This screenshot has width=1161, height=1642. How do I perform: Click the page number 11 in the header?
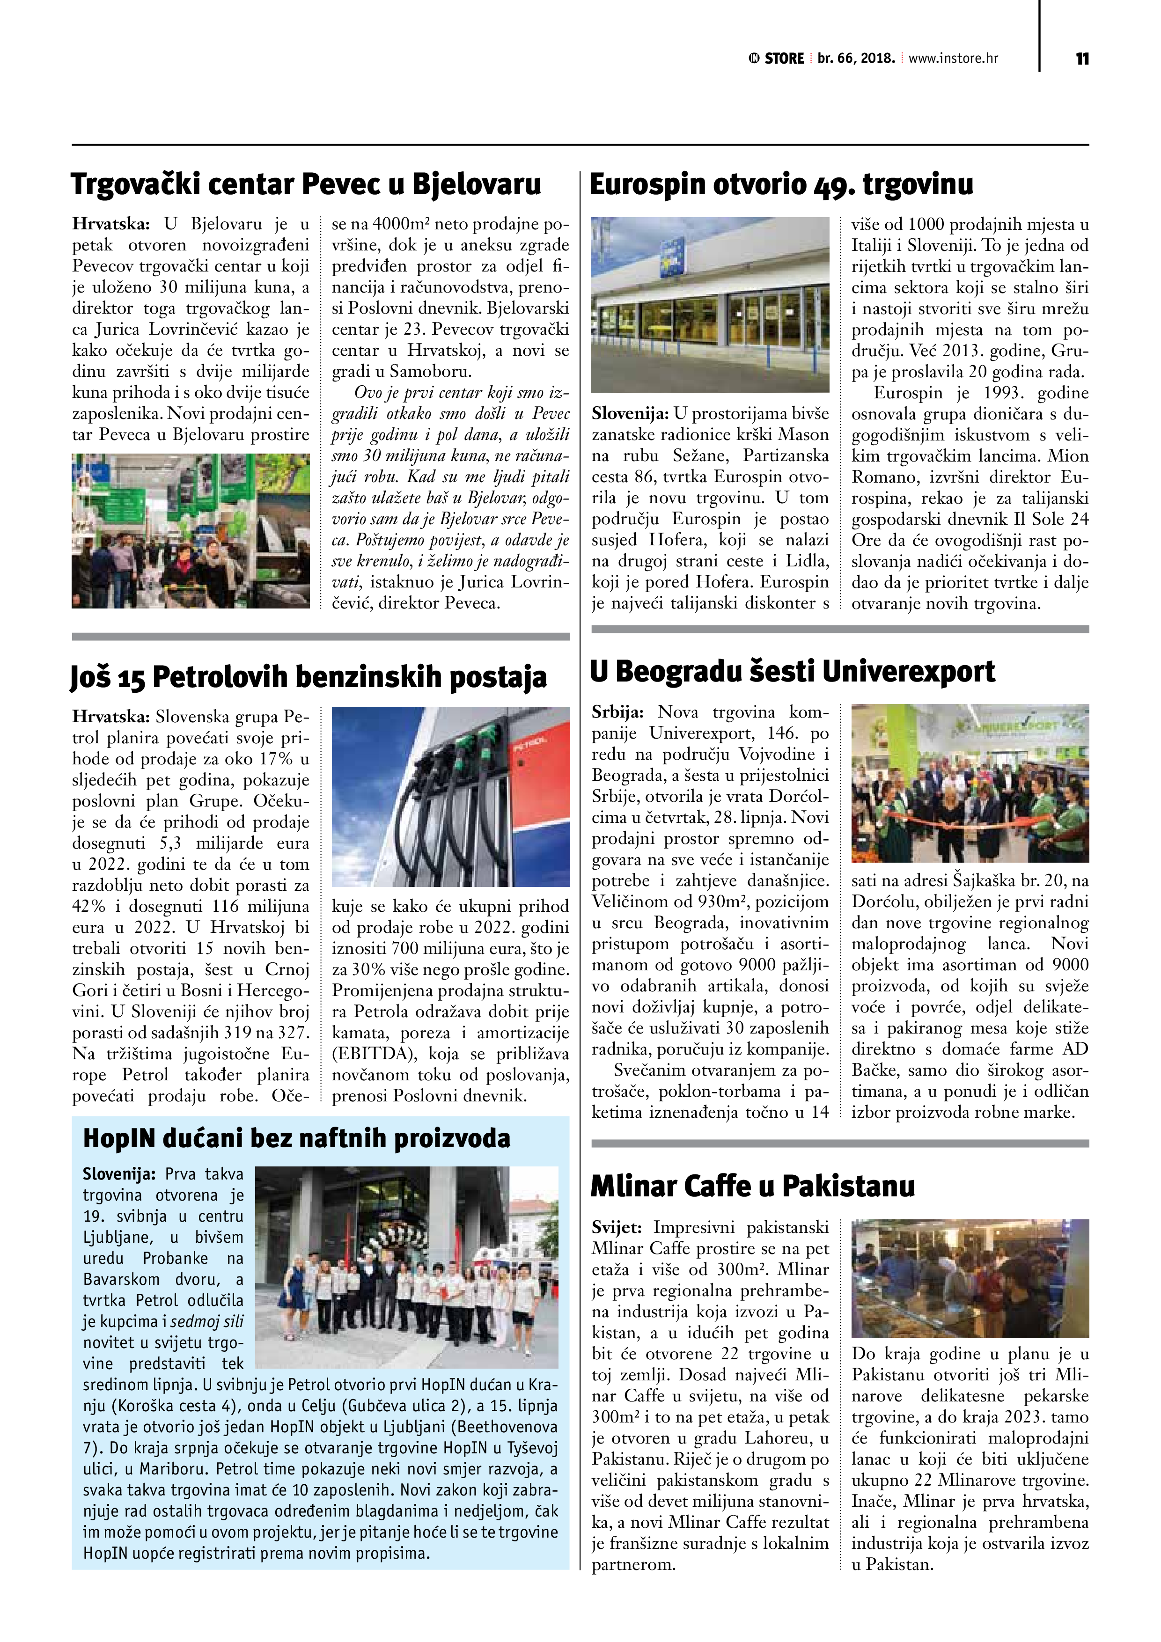[1081, 59]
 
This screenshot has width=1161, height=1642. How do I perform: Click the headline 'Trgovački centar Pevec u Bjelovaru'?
[306, 184]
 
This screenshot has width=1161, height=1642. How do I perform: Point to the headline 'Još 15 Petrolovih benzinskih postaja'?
[309, 676]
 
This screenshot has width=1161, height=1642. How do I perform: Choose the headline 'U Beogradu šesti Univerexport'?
[792, 672]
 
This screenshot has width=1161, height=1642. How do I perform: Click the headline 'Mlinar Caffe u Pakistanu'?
[752, 1186]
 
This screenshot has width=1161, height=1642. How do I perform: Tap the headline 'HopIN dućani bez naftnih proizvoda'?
[297, 1138]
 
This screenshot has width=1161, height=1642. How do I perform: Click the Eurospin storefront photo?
[710, 305]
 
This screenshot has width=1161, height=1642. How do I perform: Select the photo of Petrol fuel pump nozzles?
[451, 798]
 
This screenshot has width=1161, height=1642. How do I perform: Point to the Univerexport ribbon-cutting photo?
[969, 783]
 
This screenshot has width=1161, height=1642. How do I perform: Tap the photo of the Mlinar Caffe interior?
[969, 1278]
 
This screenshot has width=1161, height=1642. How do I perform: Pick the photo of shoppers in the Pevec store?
[190, 531]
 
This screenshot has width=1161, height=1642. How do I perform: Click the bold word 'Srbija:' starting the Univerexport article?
[618, 712]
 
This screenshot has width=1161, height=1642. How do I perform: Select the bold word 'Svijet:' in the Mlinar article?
[617, 1227]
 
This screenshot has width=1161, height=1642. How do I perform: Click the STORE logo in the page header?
[775, 59]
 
